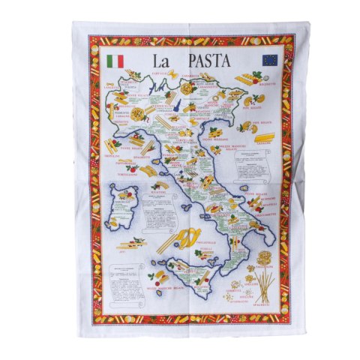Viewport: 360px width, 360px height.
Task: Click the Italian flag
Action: (115, 58)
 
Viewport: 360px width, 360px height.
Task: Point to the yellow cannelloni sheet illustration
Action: (265, 136)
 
